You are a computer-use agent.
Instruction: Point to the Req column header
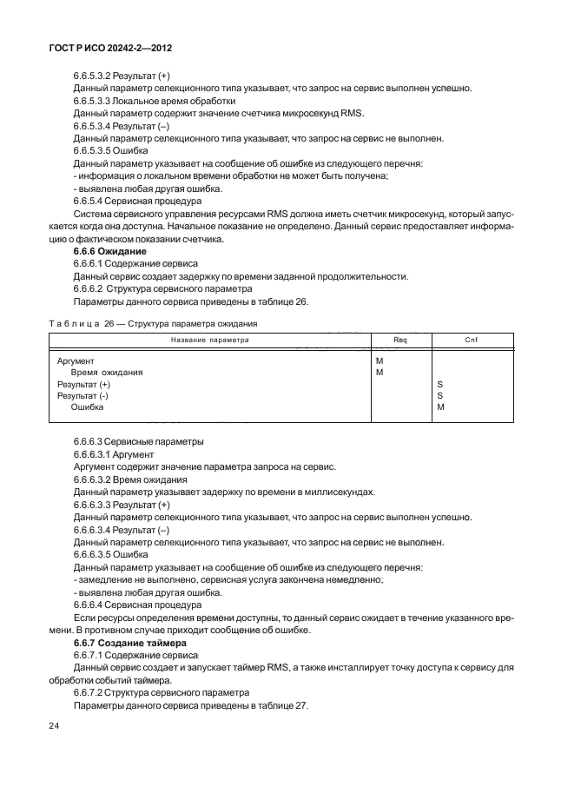(400, 340)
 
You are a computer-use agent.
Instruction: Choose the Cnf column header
(472, 340)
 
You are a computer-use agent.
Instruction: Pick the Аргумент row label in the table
(76, 360)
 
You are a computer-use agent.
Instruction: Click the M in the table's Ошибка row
(440, 406)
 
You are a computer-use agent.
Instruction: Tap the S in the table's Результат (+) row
(440, 383)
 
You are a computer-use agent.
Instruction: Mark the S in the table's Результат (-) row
(440, 395)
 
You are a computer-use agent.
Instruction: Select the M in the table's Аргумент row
(379, 360)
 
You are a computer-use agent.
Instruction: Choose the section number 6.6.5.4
(90, 200)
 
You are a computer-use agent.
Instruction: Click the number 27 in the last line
(302, 705)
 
